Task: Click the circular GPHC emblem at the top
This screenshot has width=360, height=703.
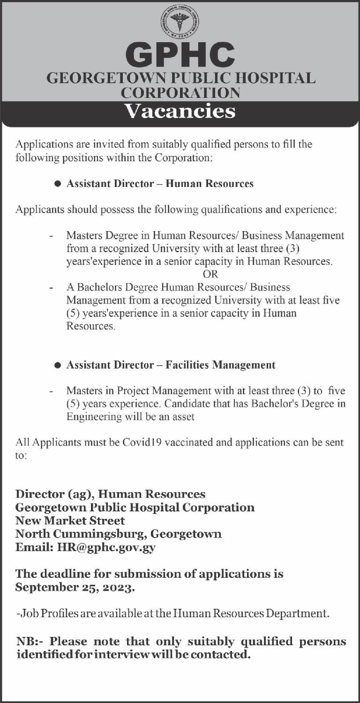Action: click(180, 21)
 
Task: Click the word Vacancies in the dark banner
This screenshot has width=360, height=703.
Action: click(180, 112)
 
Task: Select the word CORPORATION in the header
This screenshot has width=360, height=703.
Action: click(180, 92)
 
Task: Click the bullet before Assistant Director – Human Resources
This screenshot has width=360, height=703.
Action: click(58, 184)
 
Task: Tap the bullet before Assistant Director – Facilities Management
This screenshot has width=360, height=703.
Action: click(58, 365)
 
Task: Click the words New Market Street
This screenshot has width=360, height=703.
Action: click(70, 520)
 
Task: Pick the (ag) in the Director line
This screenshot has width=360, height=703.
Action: click(82, 494)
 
